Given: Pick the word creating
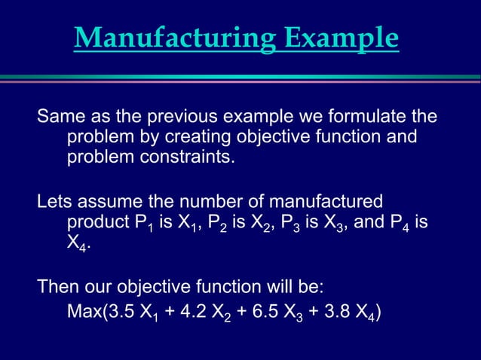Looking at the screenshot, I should click(170, 139).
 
